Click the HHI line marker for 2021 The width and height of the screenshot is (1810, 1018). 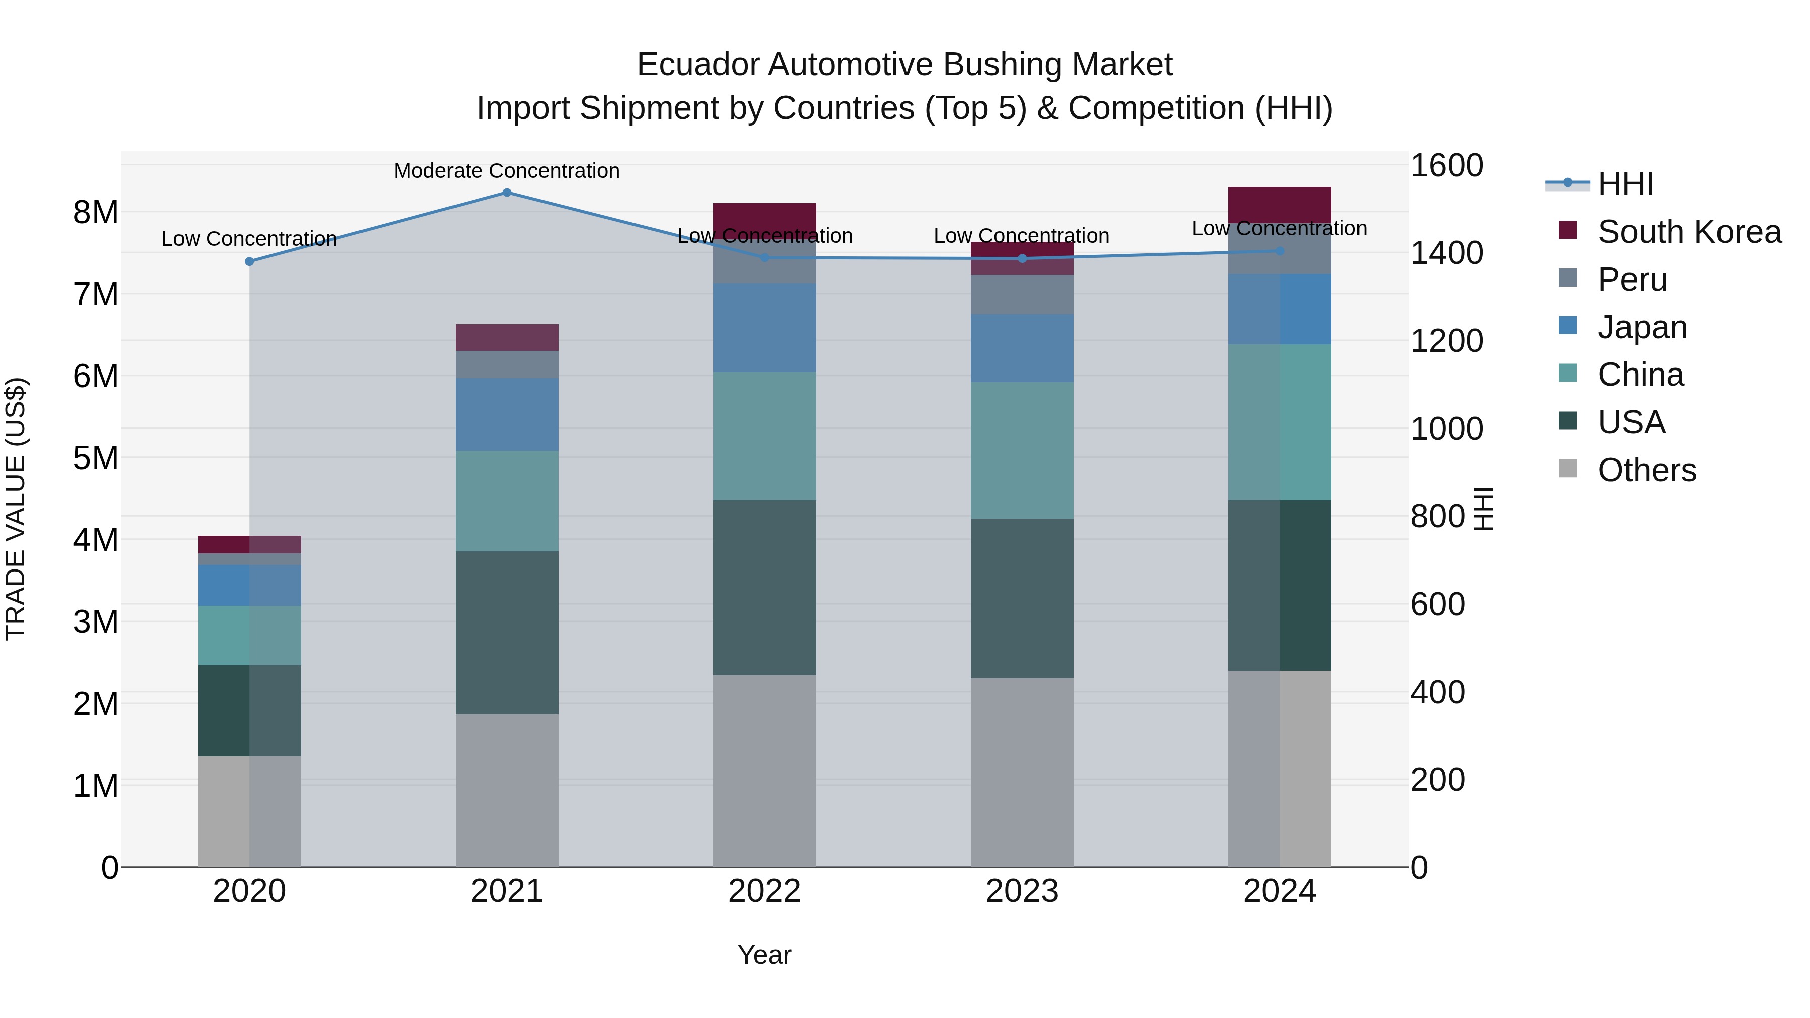pyautogui.click(x=507, y=193)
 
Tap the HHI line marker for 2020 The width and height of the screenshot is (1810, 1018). pyautogui.click(x=249, y=261)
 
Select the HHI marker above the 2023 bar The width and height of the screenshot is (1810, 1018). pyautogui.click(x=1022, y=258)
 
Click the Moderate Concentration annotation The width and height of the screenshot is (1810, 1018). pyautogui.click(x=507, y=171)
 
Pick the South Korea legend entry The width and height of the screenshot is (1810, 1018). pyautogui.click(x=1688, y=232)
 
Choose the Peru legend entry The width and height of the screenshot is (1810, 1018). pyautogui.click(x=1632, y=280)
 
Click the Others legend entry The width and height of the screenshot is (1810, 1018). pyautogui.click(x=1646, y=470)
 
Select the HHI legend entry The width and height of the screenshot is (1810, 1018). pyautogui.click(x=1625, y=184)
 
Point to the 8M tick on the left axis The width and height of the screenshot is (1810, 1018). pyautogui.click(x=96, y=212)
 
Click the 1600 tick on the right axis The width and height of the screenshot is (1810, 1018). pyautogui.click(x=1446, y=166)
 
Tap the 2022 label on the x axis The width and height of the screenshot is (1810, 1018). pyautogui.click(x=764, y=891)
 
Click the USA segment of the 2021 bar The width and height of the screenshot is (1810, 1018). pyautogui.click(x=507, y=632)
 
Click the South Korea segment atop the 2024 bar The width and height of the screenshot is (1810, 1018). pyautogui.click(x=1280, y=205)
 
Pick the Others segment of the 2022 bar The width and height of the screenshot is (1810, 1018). pyautogui.click(x=764, y=770)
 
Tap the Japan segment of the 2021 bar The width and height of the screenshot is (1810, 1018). pyautogui.click(x=507, y=415)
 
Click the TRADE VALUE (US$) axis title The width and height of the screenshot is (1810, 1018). pyautogui.click(x=16, y=509)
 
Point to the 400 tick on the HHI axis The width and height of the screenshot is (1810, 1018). pyautogui.click(x=1437, y=693)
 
